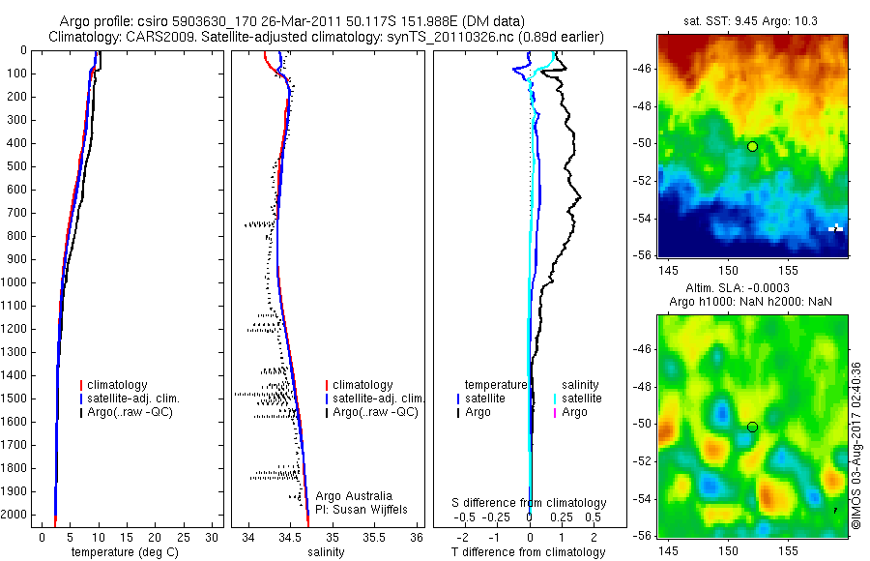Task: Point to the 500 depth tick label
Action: click(x=18, y=166)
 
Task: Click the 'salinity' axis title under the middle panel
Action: click(x=325, y=552)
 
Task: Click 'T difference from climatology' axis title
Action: click(x=529, y=552)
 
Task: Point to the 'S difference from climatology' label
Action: click(x=529, y=503)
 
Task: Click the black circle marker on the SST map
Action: click(x=752, y=146)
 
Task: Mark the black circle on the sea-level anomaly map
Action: click(x=752, y=427)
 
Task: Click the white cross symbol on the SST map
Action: click(x=836, y=228)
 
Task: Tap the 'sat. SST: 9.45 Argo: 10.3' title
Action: click(x=752, y=20)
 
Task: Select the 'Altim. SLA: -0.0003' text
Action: click(x=752, y=289)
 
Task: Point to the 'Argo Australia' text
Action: click(x=354, y=495)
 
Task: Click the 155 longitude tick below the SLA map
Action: click(x=788, y=548)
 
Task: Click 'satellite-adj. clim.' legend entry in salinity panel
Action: click(x=377, y=399)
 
